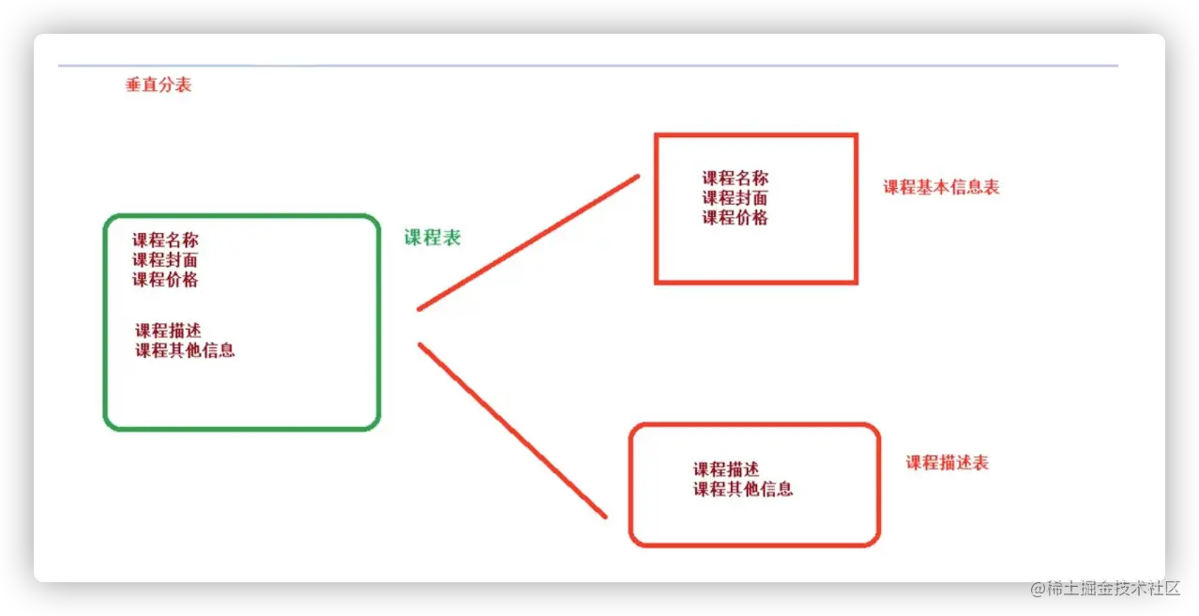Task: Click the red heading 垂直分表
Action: [158, 85]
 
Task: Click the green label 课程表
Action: [433, 238]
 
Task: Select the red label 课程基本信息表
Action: [941, 187]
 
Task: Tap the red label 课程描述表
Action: [947, 463]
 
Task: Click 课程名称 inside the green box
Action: [165, 240]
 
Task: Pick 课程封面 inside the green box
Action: [165, 260]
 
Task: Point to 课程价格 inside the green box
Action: [165, 280]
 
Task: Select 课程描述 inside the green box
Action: [168, 331]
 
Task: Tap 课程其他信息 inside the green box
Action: [185, 351]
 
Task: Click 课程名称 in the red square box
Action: [736, 177]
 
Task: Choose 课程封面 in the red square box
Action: [736, 197]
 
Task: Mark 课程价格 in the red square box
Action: [736, 218]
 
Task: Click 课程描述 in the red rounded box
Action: [726, 470]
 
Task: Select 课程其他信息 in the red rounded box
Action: [743, 489]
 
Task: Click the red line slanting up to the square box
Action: [528, 242]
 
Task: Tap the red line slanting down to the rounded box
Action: [512, 430]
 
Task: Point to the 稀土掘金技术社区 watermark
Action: [1102, 588]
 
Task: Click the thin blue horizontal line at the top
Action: [588, 66]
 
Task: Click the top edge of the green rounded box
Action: [241, 216]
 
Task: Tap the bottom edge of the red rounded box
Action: [754, 545]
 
